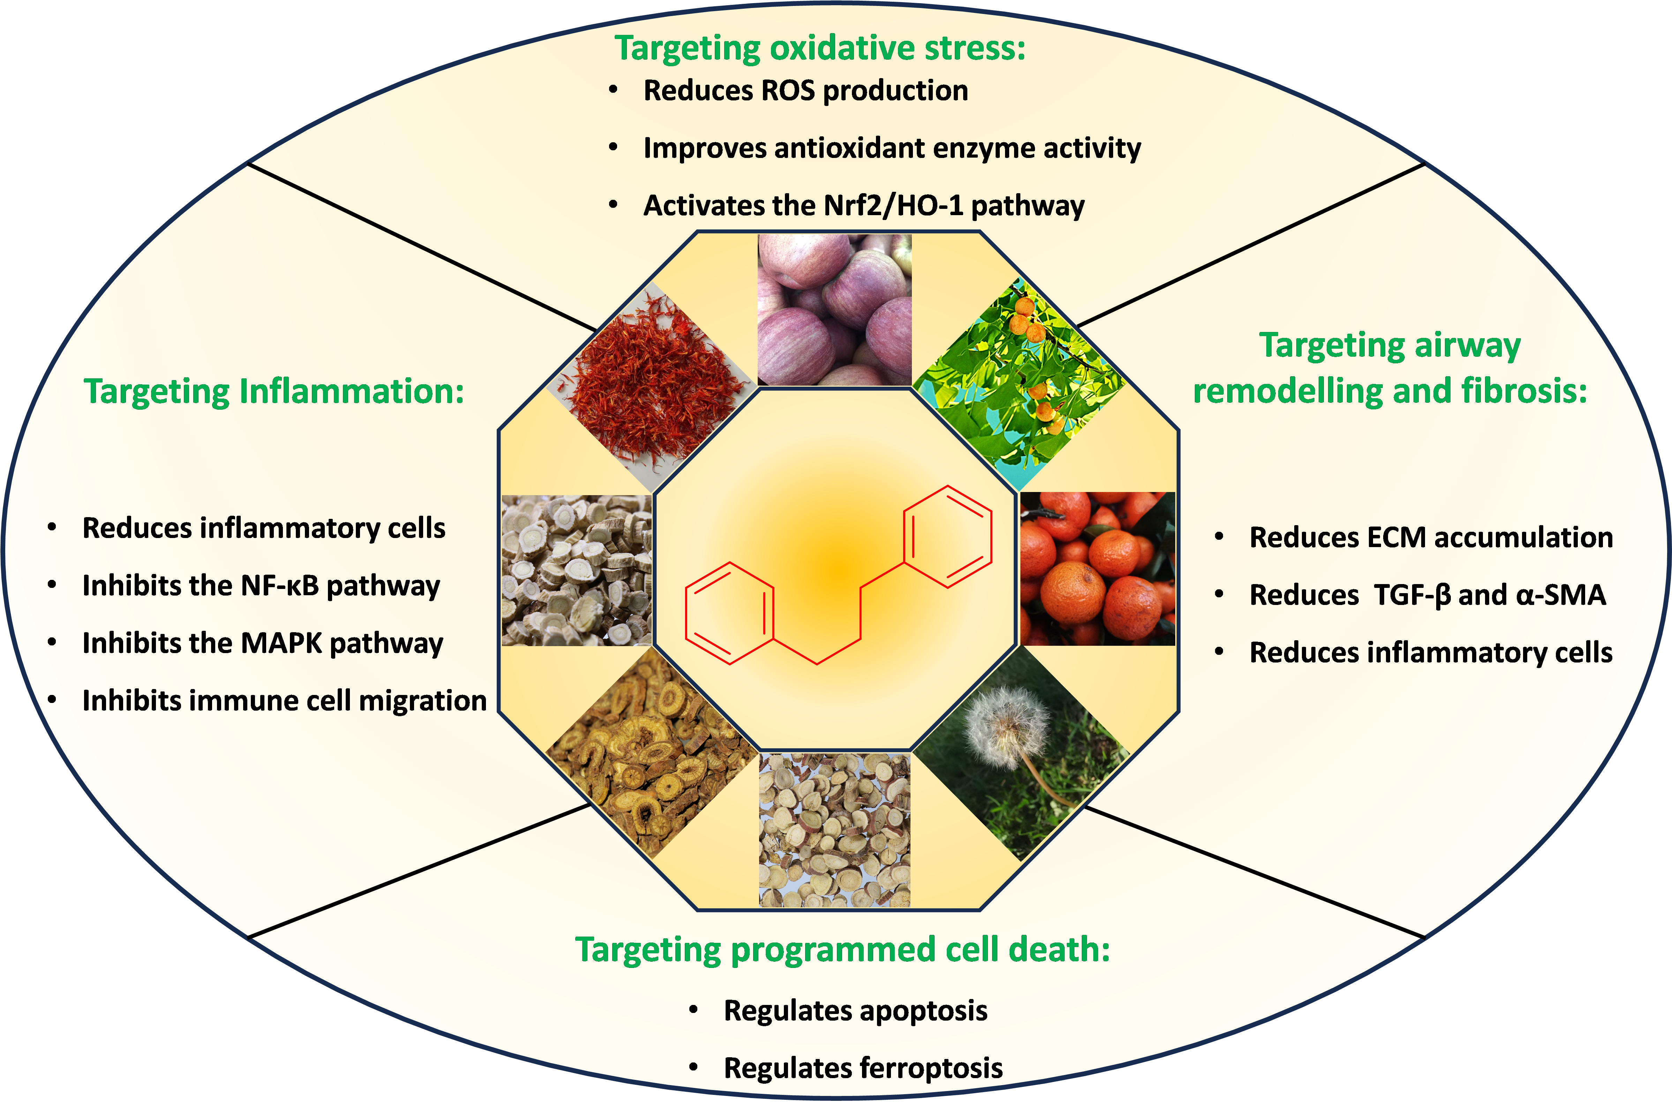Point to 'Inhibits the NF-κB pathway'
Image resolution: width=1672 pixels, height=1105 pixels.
tap(261, 585)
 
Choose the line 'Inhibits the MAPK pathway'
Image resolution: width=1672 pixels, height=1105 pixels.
tap(262, 643)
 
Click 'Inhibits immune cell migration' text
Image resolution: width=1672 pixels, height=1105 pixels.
tap(284, 701)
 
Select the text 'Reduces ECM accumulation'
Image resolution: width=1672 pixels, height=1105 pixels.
tap(1431, 538)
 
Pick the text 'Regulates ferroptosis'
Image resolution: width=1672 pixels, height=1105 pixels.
tap(863, 1068)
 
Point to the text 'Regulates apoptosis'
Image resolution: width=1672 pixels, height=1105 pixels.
tap(855, 1011)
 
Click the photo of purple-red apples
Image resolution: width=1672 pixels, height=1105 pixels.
tap(834, 310)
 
